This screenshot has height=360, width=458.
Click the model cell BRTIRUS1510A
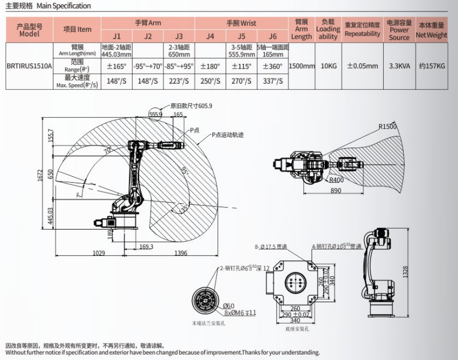click(29, 66)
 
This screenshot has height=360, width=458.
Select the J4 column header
click(210, 37)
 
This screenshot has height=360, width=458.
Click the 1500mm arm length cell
click(301, 66)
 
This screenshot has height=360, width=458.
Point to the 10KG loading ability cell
click(328, 66)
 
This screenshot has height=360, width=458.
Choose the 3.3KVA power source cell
click(399, 66)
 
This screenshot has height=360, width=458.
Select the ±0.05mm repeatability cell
click(362, 66)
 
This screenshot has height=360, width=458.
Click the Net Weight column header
click(431, 30)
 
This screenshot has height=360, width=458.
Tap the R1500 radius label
click(388, 127)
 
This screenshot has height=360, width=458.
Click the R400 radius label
click(337, 179)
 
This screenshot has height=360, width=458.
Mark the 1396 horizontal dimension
click(181, 253)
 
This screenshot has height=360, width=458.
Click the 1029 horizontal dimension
click(98, 253)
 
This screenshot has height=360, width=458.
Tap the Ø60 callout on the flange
click(228, 306)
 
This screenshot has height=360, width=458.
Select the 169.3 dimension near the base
click(146, 246)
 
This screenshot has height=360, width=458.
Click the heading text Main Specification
click(64, 6)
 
